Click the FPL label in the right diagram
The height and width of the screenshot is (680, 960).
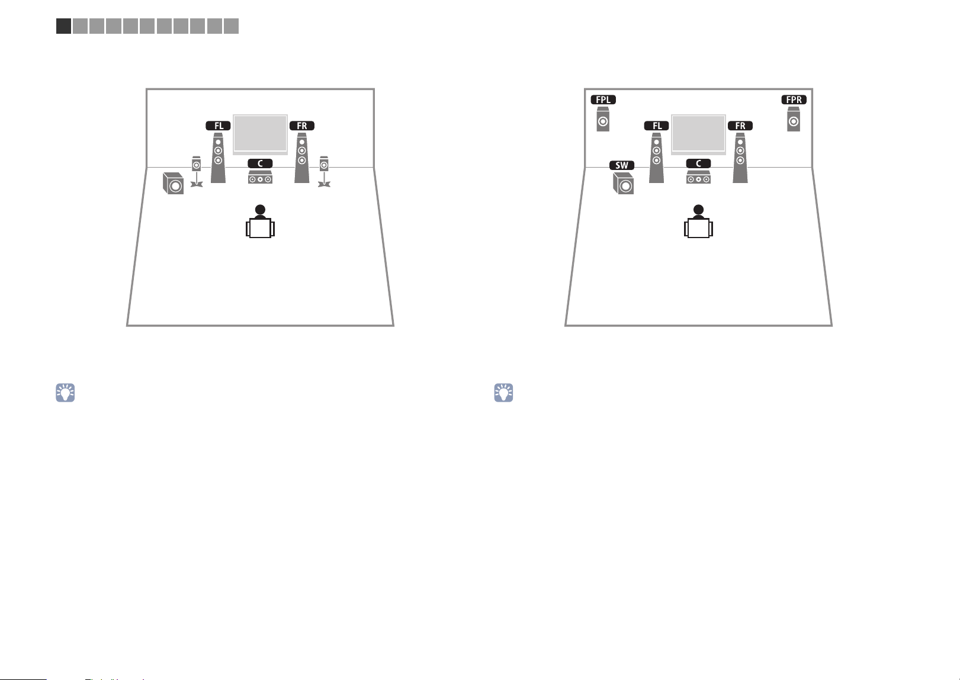coord(603,100)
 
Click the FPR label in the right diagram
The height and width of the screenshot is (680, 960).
coord(794,100)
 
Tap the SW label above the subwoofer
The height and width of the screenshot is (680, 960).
coord(621,165)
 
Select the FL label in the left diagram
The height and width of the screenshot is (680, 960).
coord(218,126)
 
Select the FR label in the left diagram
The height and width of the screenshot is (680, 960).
coord(301,126)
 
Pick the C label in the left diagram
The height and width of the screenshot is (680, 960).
coord(260,163)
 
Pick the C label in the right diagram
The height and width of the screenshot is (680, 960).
coord(699,163)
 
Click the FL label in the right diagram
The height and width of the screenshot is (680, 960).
coord(657,126)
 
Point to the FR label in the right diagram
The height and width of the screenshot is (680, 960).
coord(740,126)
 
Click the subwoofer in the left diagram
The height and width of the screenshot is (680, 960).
coord(173,184)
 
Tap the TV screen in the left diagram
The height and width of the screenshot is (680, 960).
coord(260,134)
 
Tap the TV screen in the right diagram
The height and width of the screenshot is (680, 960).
coord(699,134)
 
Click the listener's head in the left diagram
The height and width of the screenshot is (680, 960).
coord(260,210)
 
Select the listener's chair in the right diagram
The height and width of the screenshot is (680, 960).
coord(699,228)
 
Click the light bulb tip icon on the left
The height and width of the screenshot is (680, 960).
coord(65,392)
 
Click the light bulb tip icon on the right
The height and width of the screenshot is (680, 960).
coord(503,392)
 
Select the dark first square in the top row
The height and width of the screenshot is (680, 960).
coord(63,26)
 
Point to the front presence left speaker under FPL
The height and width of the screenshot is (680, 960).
coord(603,119)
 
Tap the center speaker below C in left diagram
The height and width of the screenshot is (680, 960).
coord(260,177)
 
